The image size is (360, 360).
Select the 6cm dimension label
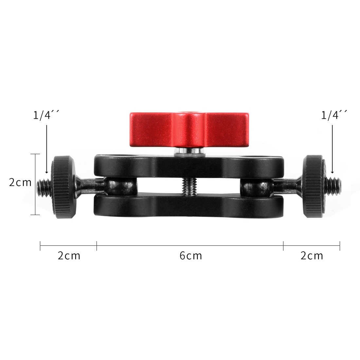click(190, 256)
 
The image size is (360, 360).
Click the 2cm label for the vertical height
click(20, 182)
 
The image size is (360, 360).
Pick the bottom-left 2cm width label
click(69, 256)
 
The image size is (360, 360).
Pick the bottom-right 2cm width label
click(312, 256)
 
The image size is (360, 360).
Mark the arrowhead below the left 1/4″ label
click(47, 171)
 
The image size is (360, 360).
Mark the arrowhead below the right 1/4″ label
click(333, 171)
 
